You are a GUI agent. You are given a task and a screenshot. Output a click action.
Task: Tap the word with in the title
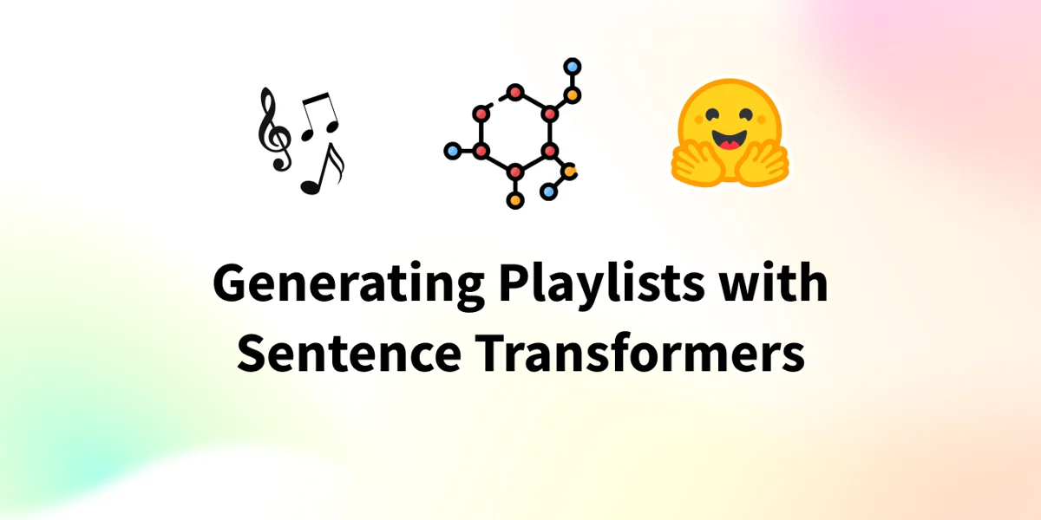click(773, 282)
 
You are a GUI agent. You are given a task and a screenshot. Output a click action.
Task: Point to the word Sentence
click(349, 353)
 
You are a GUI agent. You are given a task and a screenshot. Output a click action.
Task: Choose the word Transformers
click(639, 353)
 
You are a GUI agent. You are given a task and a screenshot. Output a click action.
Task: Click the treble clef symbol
click(274, 129)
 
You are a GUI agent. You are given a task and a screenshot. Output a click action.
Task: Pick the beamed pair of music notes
click(320, 116)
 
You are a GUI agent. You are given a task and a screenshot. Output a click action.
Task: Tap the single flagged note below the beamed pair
click(323, 169)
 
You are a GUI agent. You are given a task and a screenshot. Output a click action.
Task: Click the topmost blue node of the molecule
click(572, 67)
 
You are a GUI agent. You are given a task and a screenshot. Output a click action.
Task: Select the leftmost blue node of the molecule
click(452, 151)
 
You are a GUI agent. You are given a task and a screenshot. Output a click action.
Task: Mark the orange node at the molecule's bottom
click(515, 200)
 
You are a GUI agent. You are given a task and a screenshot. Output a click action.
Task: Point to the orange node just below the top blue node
click(572, 95)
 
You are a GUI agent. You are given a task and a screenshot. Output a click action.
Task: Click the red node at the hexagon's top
click(515, 93)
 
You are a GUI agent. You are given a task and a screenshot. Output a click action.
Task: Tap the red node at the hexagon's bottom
click(515, 172)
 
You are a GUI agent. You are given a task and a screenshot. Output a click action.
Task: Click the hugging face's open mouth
click(730, 140)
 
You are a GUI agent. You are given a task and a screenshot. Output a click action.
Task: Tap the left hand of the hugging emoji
click(696, 164)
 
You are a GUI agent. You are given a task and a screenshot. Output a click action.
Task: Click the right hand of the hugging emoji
click(763, 164)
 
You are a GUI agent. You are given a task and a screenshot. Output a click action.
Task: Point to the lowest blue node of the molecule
click(548, 192)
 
